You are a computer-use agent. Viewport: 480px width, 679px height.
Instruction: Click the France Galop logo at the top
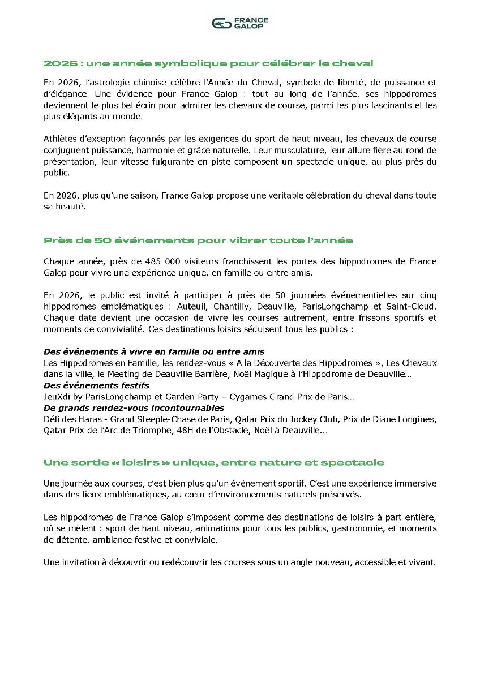pyautogui.click(x=239, y=23)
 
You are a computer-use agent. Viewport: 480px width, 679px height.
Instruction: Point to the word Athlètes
pyautogui.click(x=61, y=139)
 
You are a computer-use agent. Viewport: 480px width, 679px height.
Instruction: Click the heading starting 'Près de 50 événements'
pyautogui.click(x=198, y=240)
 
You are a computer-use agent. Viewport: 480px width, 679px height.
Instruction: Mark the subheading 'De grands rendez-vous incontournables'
pyautogui.click(x=134, y=408)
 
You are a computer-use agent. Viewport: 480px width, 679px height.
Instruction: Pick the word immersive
pyautogui.click(x=417, y=484)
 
